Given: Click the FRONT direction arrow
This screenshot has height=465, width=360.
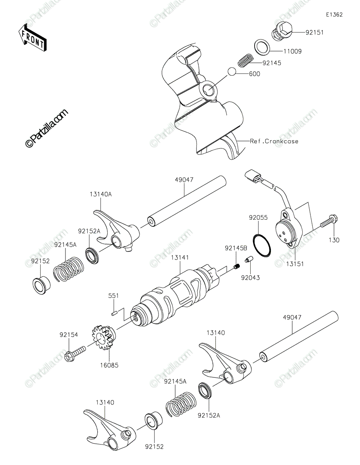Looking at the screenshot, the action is (32, 38).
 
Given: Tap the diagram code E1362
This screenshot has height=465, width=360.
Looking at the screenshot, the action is (334, 15).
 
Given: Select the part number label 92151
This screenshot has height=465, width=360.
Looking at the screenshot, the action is (314, 33).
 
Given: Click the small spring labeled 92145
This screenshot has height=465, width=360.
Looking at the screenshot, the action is (246, 60).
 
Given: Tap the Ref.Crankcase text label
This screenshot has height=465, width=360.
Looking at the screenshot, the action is (274, 141).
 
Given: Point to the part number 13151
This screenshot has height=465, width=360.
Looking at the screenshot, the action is (295, 264).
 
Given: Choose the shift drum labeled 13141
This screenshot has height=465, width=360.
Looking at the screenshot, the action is (176, 298).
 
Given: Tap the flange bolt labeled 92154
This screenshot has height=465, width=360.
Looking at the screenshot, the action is (75, 354).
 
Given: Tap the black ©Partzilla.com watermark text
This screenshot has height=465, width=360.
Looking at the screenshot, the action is (47, 128).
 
